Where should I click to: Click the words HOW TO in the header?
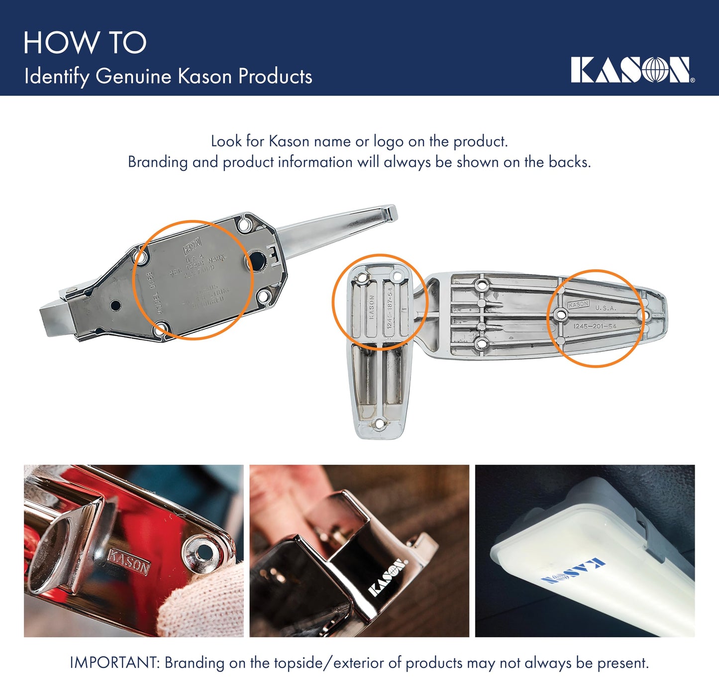[85, 43]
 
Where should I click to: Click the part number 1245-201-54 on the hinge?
[595, 326]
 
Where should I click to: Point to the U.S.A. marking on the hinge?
[606, 308]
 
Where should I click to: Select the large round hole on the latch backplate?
[257, 261]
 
